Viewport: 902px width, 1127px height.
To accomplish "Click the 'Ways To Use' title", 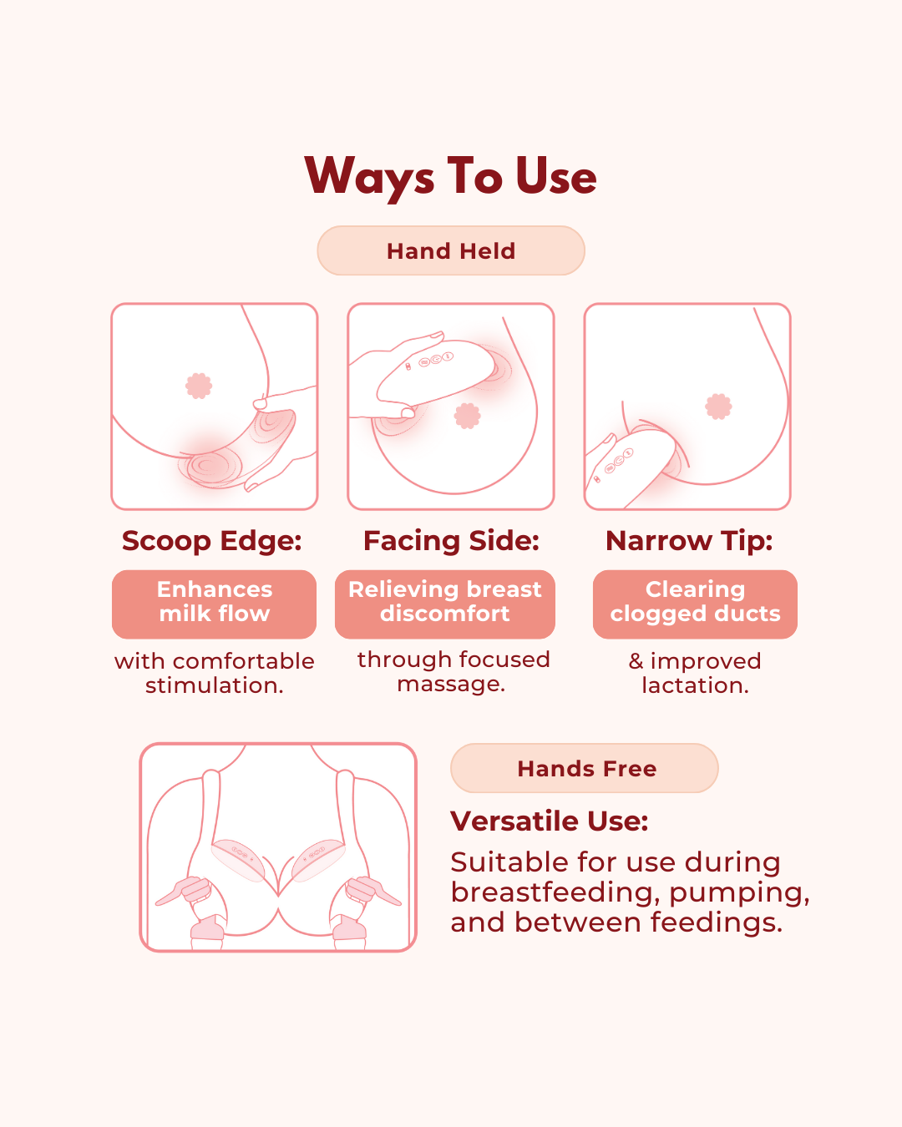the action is tap(450, 177).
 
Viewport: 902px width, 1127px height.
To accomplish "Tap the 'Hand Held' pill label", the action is tap(451, 250).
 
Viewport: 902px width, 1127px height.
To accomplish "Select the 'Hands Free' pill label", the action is tap(585, 768).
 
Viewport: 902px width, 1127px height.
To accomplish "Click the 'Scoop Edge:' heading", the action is tap(212, 541).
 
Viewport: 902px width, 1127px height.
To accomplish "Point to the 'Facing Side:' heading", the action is tap(451, 541).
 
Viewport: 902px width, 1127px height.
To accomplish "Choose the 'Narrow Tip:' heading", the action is tap(689, 541).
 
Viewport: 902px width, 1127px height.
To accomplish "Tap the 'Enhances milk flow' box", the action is tap(215, 604).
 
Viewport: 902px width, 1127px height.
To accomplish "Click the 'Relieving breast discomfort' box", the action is tap(445, 604).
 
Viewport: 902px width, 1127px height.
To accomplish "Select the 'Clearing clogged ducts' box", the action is tap(695, 604).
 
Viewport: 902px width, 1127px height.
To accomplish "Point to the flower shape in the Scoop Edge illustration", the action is tap(199, 386).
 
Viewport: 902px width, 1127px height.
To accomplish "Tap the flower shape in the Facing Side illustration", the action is tap(467, 416).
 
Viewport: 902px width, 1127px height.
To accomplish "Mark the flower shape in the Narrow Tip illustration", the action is tap(718, 407).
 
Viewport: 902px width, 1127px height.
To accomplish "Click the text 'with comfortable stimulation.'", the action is tap(215, 674).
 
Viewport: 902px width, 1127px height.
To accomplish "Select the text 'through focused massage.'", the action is tap(454, 672).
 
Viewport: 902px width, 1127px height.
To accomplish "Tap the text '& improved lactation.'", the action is tap(695, 674).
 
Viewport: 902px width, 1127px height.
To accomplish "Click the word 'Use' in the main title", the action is tap(556, 176).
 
